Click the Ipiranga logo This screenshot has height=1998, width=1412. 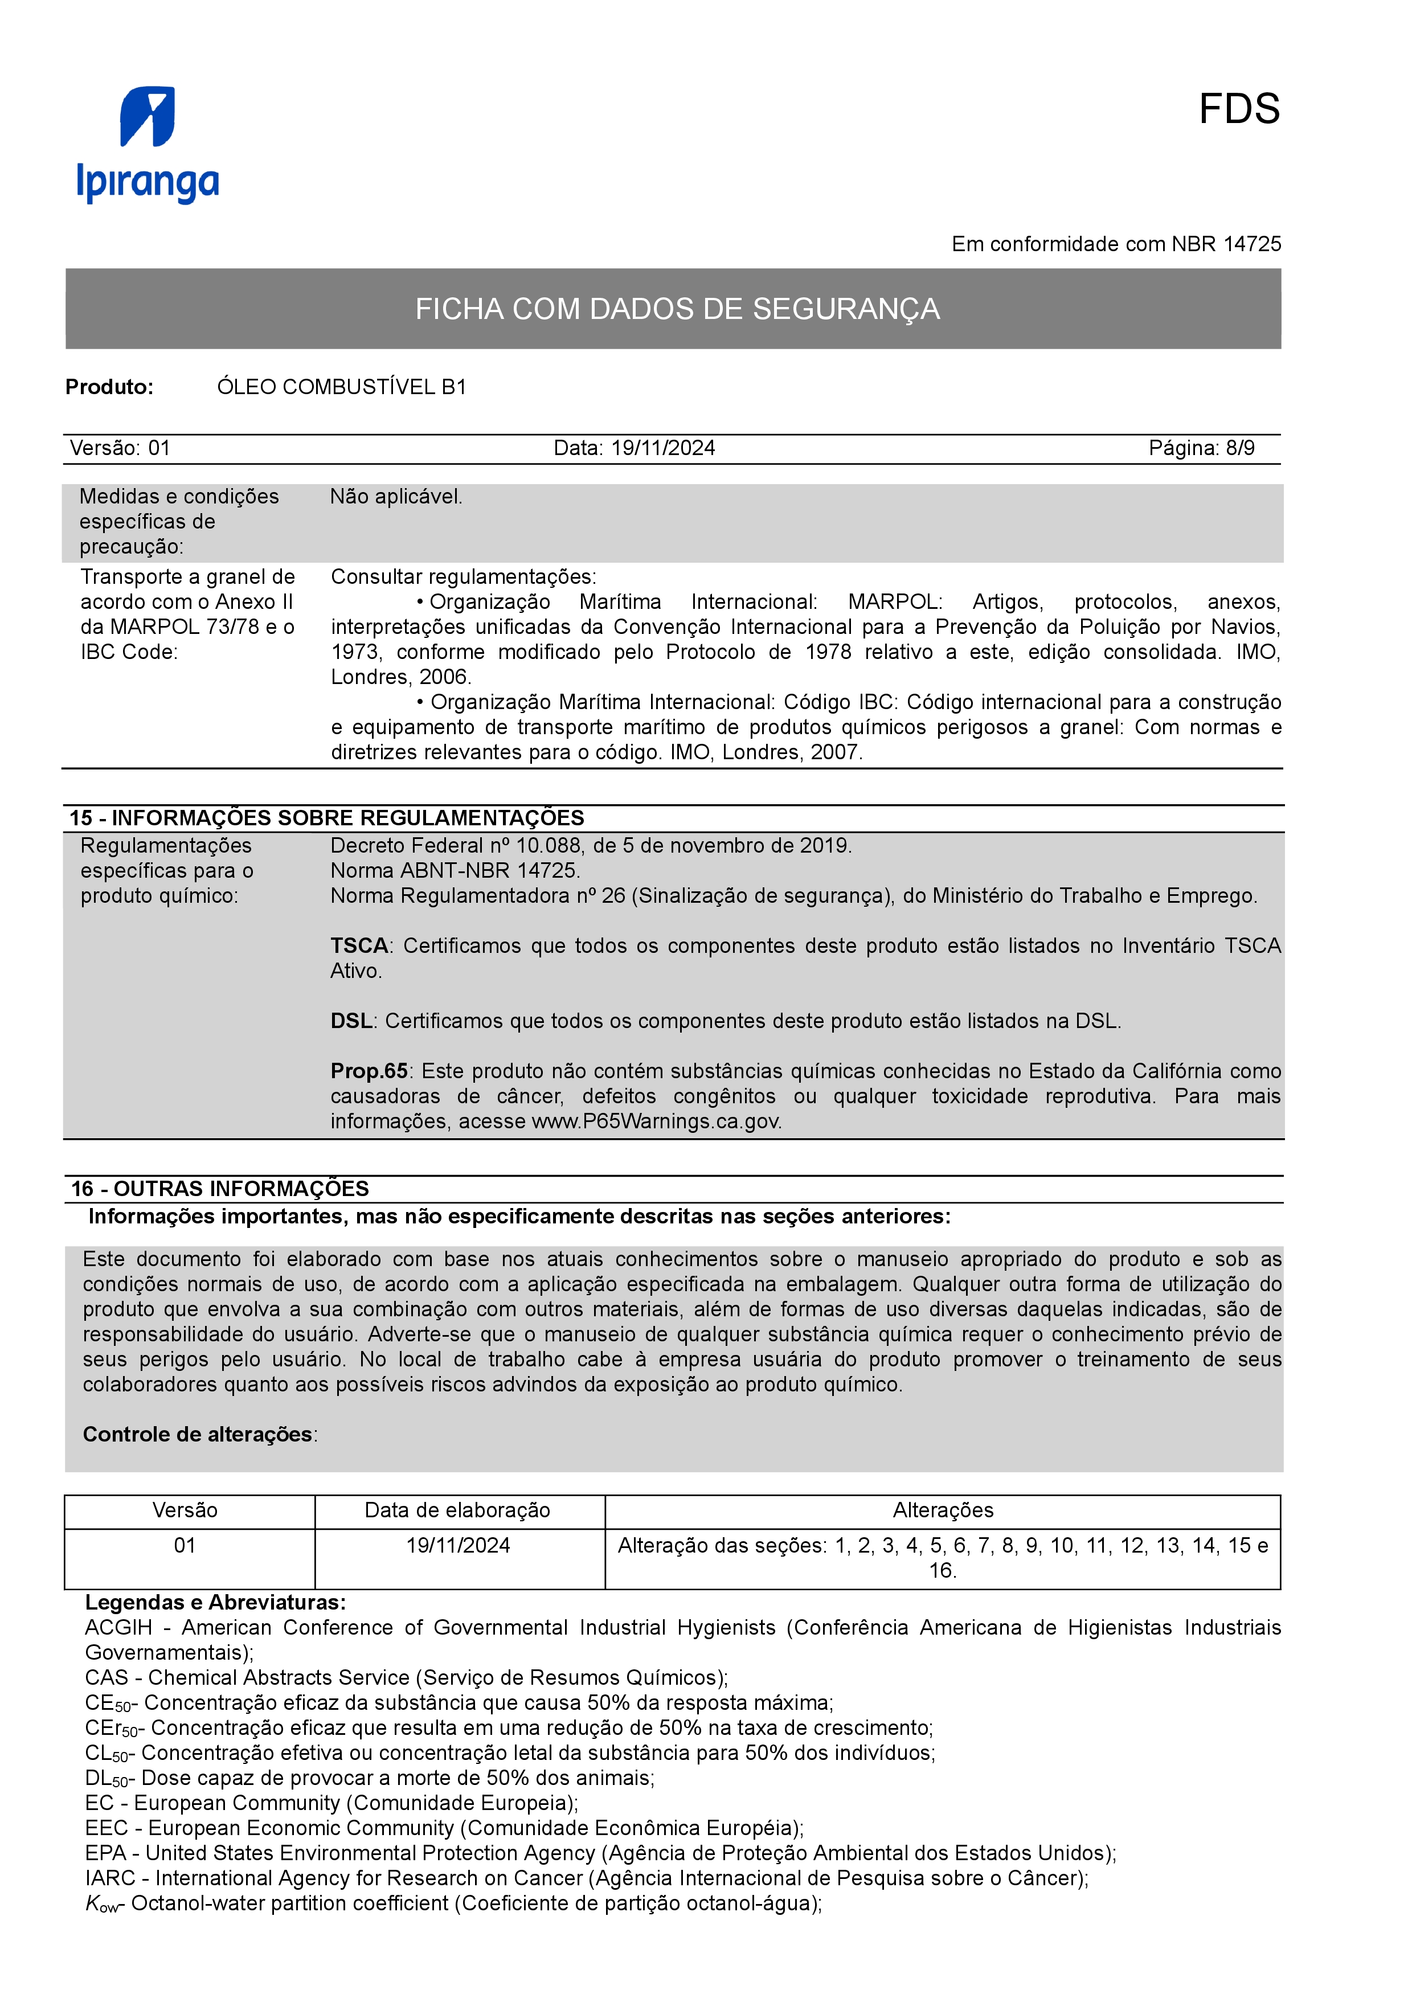pos(148,145)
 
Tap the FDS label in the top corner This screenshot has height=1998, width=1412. pos(1238,110)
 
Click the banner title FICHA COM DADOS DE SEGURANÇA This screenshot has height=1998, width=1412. pos(677,309)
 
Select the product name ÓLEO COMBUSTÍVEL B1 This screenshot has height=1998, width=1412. pos(341,387)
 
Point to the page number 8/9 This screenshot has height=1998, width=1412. pos(1240,448)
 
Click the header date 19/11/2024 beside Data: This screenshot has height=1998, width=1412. pos(663,448)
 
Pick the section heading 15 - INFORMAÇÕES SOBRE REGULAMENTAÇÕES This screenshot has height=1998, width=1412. pos(326,818)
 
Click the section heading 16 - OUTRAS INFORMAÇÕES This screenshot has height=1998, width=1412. pos(219,1189)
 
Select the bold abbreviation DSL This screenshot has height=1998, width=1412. pos(351,1021)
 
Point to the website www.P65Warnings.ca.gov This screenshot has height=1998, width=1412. pos(656,1121)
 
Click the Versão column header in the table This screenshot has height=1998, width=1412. pos(185,1510)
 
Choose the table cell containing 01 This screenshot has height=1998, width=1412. pos(185,1546)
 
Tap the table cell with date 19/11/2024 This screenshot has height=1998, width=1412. pos(457,1546)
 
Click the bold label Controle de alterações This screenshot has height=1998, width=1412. pos(198,1434)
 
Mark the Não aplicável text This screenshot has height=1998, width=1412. pos(396,497)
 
